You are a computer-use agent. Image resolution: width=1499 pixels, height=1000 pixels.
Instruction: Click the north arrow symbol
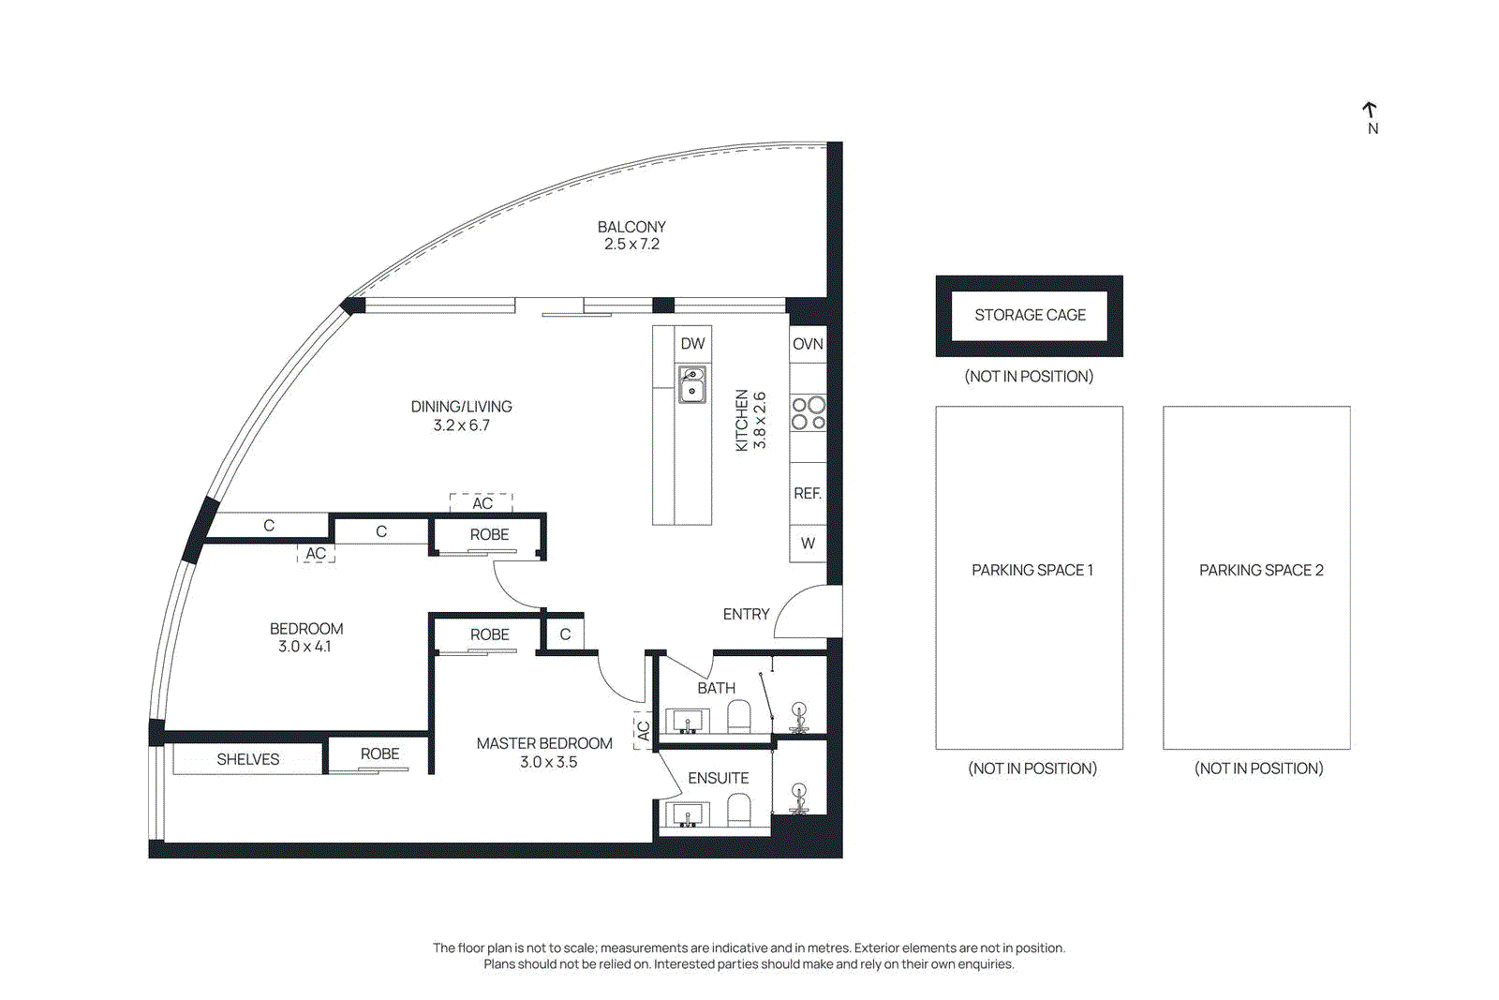click(1370, 112)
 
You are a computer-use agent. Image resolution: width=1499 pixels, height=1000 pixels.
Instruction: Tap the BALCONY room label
click(631, 227)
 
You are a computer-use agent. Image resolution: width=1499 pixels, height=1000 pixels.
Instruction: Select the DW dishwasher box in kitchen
click(692, 344)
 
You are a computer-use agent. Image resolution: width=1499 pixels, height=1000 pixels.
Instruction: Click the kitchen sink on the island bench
click(692, 384)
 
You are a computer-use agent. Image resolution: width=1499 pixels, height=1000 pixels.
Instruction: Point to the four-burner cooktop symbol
click(809, 413)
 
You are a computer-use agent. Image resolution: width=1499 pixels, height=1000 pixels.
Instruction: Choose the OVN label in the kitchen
click(808, 344)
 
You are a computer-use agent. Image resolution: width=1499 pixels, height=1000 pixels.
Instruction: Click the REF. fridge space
click(808, 493)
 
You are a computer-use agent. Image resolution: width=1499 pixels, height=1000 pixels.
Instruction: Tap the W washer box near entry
click(808, 543)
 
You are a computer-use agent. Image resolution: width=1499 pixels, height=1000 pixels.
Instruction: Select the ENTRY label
click(746, 614)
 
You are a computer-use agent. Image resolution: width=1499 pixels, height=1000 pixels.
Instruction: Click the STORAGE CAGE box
click(1029, 316)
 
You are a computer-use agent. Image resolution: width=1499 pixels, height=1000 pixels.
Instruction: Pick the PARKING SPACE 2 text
click(1261, 570)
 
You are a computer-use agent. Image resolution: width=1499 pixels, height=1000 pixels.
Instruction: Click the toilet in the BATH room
click(739, 717)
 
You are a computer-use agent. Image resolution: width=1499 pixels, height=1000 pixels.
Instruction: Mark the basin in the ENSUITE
click(688, 815)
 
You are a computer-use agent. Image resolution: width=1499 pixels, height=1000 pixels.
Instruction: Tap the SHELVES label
click(247, 759)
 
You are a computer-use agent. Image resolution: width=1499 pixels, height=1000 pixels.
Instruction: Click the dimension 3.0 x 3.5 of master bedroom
click(548, 762)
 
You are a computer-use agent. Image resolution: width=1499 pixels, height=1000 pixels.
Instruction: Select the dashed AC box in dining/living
click(482, 502)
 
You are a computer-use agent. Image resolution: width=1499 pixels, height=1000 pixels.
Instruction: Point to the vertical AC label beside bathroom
click(643, 731)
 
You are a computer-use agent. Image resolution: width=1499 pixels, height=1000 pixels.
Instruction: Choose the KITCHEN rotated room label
click(742, 420)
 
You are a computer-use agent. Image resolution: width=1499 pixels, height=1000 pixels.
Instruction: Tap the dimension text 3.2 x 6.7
click(461, 425)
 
